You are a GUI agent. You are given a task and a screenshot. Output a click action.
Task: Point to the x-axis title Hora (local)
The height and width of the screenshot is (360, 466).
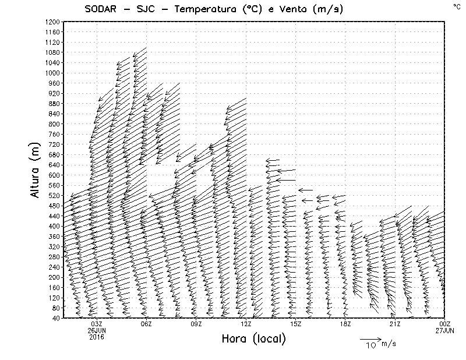coord(253,339)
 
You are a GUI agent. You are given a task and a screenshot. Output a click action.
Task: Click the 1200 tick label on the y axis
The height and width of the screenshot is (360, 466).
coord(51,22)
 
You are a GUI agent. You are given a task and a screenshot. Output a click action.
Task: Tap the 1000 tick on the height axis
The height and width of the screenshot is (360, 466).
coord(51,73)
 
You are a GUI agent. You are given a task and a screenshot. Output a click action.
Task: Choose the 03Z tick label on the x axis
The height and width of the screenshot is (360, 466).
coord(97,324)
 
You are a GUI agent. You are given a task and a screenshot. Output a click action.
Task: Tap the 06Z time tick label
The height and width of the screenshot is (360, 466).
coord(146,324)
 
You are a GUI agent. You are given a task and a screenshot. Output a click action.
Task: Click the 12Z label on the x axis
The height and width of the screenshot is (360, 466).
coord(246,324)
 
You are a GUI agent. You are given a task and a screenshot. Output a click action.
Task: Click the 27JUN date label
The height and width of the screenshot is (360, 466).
coord(444,330)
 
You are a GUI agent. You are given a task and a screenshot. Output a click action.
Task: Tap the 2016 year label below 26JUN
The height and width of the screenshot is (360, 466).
coord(97,337)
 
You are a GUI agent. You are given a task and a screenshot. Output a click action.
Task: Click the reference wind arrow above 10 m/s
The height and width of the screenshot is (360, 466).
coord(370,338)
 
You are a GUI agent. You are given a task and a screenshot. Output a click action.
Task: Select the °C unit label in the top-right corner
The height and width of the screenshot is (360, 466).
coord(456,6)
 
